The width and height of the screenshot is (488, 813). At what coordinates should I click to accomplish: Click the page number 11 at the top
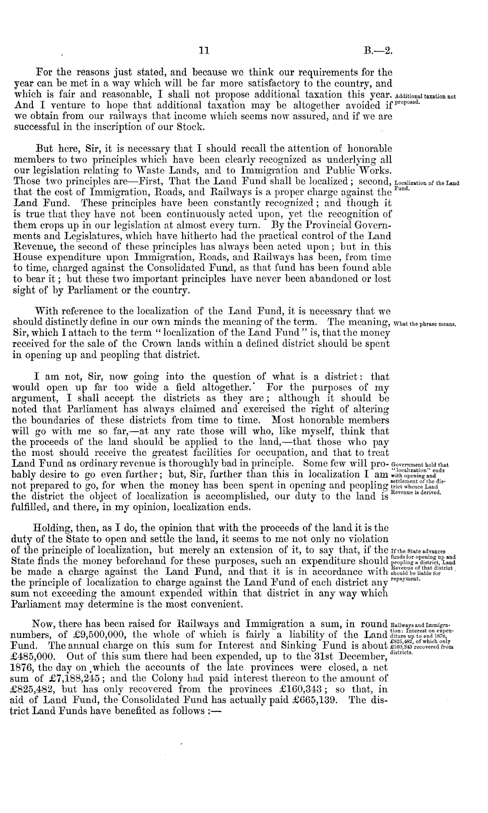click(x=203, y=50)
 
